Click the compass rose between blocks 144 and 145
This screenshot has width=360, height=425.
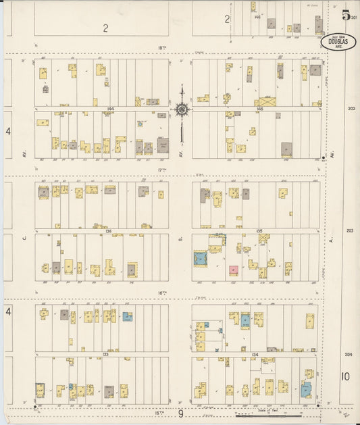(181, 108)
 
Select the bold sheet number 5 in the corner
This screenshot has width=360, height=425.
(346, 16)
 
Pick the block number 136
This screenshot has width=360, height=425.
(108, 230)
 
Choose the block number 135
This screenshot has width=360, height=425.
(259, 230)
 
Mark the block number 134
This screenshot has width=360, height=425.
(255, 353)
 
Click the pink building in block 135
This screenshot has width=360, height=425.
(233, 270)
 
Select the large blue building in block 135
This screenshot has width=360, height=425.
(200, 259)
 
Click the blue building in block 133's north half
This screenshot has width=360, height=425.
(127, 316)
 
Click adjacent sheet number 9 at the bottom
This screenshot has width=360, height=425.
(180, 414)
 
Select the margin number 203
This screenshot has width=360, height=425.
(350, 230)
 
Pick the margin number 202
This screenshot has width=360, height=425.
(351, 108)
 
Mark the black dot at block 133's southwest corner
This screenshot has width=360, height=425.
(34, 407)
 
